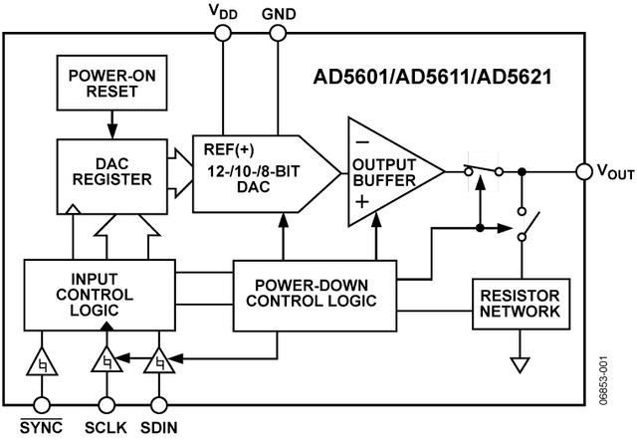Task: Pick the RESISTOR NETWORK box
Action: point(522,305)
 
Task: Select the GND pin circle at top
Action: point(276,33)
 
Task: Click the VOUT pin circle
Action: point(583,172)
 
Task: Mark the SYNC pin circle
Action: point(42,405)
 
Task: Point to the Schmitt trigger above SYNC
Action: point(42,364)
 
